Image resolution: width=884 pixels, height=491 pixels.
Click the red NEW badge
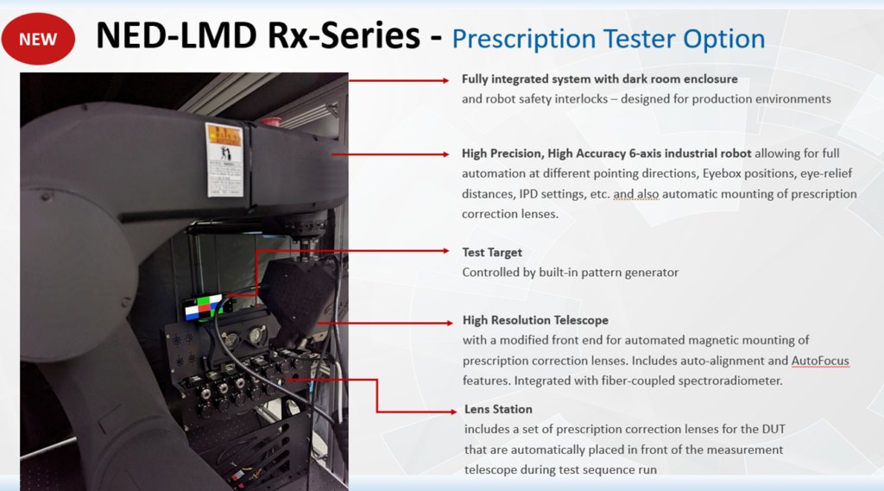(38, 40)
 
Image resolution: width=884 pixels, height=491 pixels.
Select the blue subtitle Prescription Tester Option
(608, 38)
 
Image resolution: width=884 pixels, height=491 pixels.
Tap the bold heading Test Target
(492, 253)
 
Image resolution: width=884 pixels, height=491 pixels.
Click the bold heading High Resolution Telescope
(535, 320)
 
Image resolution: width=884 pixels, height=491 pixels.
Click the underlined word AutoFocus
(820, 361)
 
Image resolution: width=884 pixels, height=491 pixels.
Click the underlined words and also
(636, 194)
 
